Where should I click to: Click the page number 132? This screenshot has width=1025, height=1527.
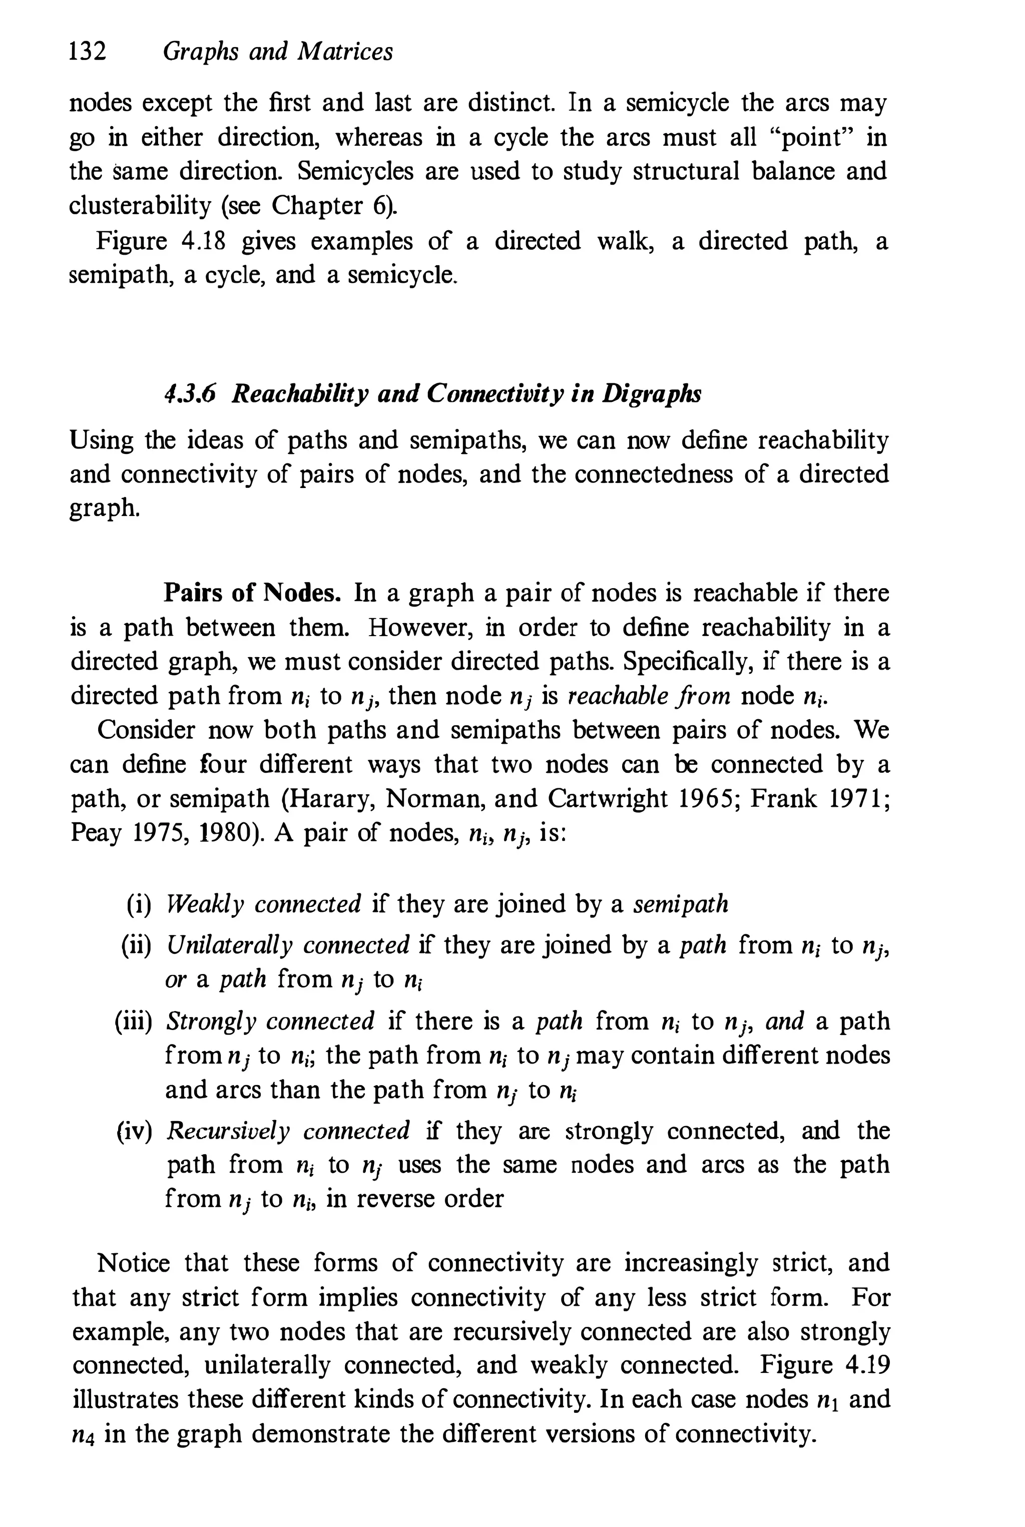click(88, 51)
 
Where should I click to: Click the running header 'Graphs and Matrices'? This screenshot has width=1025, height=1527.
click(278, 51)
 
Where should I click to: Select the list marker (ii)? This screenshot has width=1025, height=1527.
click(136, 945)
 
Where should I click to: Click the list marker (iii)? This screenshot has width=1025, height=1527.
click(133, 1021)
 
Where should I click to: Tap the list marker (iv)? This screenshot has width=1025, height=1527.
click(133, 1130)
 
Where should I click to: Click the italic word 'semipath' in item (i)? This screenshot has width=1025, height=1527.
click(681, 904)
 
